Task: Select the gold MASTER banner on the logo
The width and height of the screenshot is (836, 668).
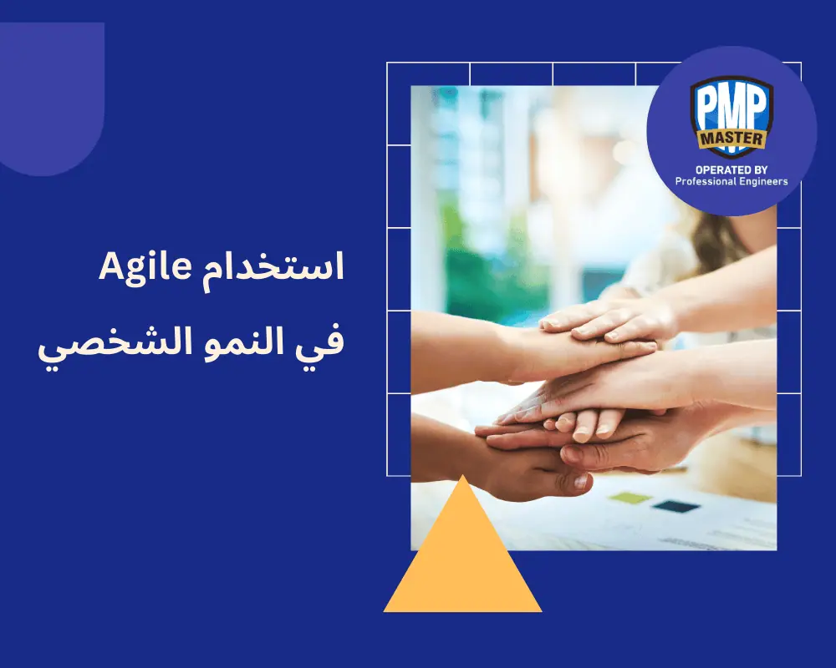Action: pos(731,139)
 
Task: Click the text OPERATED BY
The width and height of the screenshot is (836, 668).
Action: pos(731,169)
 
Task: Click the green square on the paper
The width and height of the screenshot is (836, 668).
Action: pos(630,498)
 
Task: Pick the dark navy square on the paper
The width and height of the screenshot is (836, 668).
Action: pos(675,506)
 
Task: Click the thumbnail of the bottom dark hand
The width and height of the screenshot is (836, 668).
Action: pos(578,482)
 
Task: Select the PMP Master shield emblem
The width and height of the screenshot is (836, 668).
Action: pos(731,117)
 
